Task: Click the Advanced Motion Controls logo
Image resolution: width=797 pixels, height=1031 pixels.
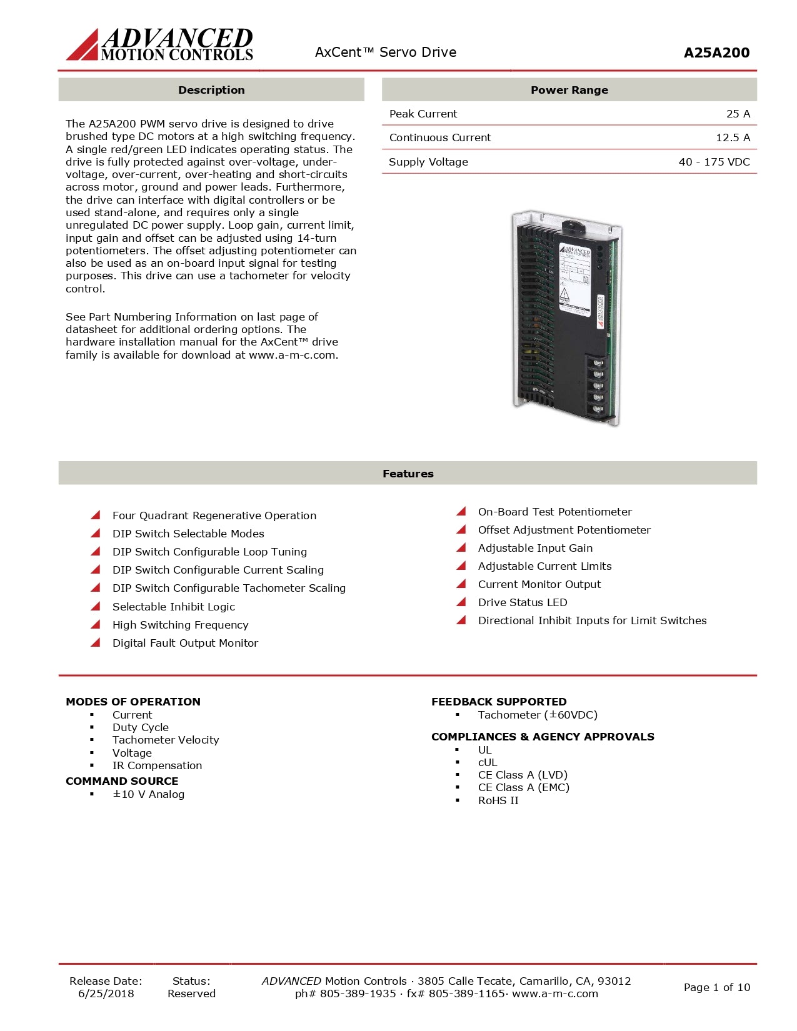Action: (x=160, y=45)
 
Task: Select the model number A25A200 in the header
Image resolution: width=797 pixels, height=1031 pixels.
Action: (x=716, y=53)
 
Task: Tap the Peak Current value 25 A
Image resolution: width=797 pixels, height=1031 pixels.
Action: (x=738, y=114)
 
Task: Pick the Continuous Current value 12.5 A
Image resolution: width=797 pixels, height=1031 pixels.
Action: (x=733, y=137)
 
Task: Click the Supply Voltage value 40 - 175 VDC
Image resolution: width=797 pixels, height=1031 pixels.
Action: (x=714, y=162)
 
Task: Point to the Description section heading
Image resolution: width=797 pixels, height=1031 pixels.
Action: (x=211, y=90)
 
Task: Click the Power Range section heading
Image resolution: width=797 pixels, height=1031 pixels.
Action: (x=569, y=90)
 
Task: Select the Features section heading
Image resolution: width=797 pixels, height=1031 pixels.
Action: (x=408, y=474)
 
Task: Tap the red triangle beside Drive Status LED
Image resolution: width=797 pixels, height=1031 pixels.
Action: (x=461, y=602)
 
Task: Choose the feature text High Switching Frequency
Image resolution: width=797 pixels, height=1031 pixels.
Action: (x=180, y=625)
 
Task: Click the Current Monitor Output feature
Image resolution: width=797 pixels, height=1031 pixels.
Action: (x=539, y=584)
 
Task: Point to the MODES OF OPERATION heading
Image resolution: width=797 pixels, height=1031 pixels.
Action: (x=133, y=702)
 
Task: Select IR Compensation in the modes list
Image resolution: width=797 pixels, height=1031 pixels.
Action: (x=157, y=765)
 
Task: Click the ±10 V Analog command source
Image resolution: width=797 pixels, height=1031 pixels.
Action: (x=148, y=794)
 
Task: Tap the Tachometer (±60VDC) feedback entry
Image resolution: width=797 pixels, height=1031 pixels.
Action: (x=538, y=715)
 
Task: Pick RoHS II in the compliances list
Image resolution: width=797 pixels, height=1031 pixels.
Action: (x=498, y=800)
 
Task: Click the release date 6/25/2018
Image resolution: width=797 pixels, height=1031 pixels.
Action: (x=106, y=994)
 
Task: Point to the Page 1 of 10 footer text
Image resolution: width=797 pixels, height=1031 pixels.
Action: (x=716, y=987)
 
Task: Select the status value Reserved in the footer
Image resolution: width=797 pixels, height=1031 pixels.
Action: (x=191, y=994)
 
